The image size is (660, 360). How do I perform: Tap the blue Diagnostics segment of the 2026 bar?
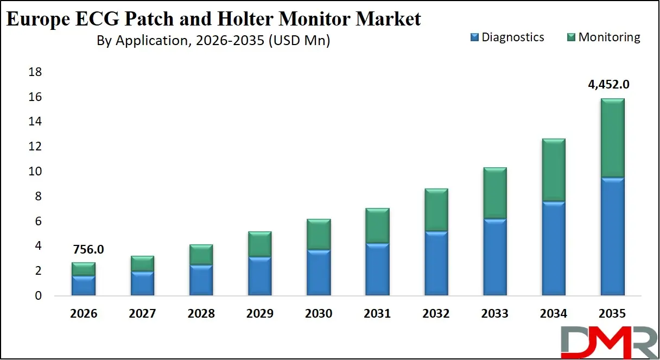coord(84,286)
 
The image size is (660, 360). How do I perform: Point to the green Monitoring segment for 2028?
coord(201,255)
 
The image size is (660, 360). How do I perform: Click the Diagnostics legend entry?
coord(507,37)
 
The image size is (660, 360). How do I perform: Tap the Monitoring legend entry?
coord(604,37)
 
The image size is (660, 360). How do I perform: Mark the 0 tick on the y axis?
coord(37,296)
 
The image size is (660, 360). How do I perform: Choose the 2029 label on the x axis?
coord(259,314)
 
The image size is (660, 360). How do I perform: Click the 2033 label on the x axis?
coord(494,314)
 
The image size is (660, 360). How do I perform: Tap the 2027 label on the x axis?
coord(142,314)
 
